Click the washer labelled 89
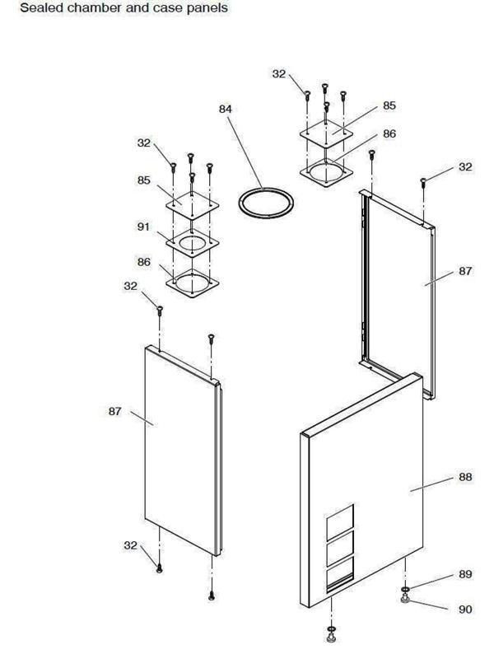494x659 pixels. (405, 590)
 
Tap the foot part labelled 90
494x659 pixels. (405, 600)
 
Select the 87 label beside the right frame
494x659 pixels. (465, 271)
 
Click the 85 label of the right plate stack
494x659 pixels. (389, 106)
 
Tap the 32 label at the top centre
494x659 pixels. (278, 74)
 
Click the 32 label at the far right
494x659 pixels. (465, 167)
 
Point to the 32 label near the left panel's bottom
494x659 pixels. (130, 544)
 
